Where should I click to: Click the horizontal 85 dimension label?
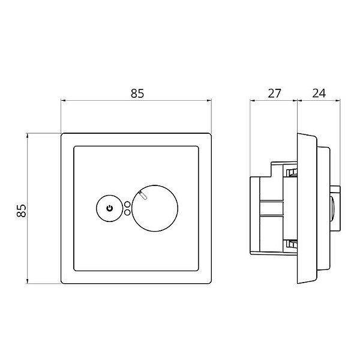137,94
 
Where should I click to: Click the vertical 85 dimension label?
22,211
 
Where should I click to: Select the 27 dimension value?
274,94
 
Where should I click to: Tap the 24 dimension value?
319,94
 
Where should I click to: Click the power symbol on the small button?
110,208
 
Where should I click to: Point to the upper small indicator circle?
127,205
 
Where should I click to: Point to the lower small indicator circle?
127,212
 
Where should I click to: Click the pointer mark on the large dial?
143,195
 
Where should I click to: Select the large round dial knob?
155,208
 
